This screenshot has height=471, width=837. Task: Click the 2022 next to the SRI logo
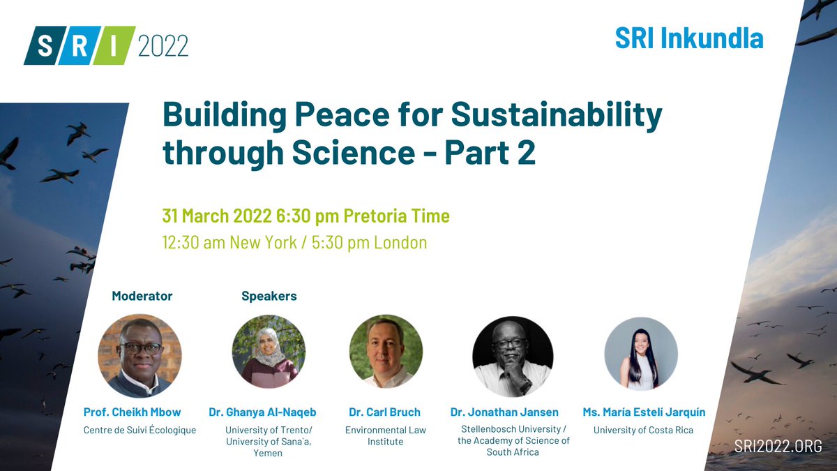tap(163, 47)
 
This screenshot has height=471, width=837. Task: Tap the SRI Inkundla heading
tap(688, 38)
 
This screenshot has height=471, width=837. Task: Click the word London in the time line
tap(400, 243)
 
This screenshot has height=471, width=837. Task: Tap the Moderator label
tap(142, 297)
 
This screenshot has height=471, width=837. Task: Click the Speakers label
tap(269, 297)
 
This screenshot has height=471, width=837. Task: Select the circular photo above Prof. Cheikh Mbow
tap(139, 356)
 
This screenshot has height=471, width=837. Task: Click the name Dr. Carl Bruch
tap(385, 412)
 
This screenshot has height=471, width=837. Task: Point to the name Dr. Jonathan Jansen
tap(504, 412)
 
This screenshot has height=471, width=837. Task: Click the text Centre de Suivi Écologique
tap(139, 431)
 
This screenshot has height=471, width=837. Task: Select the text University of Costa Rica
tap(643, 431)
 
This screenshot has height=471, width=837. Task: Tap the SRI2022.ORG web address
tap(778, 446)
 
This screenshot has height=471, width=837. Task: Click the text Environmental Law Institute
tap(385, 436)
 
